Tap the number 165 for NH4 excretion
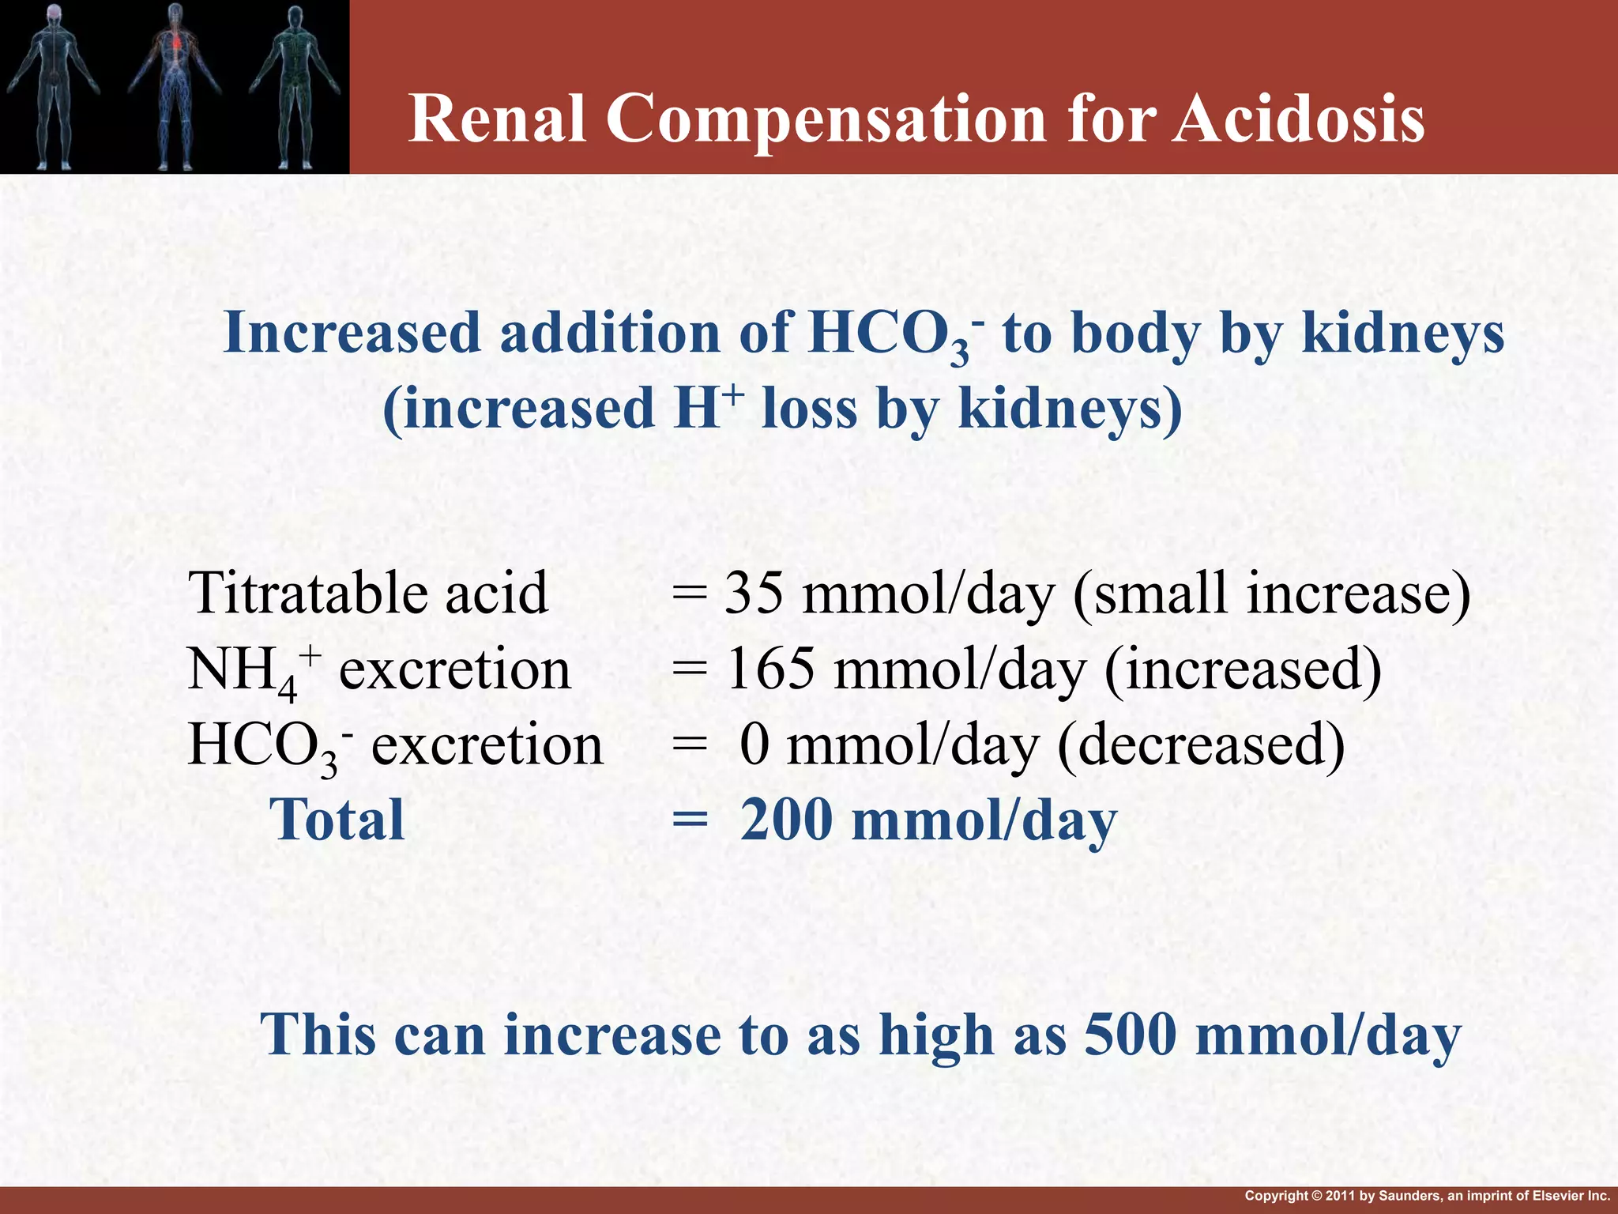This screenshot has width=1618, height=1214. [x=770, y=669]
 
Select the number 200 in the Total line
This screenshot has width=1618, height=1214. [x=786, y=820]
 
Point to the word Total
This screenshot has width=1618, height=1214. [x=337, y=820]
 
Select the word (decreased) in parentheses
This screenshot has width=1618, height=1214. [x=1200, y=745]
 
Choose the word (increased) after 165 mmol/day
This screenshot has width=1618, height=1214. [x=1243, y=669]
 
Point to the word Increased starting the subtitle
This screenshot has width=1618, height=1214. [x=352, y=333]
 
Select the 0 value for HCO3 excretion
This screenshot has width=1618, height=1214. [x=754, y=745]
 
